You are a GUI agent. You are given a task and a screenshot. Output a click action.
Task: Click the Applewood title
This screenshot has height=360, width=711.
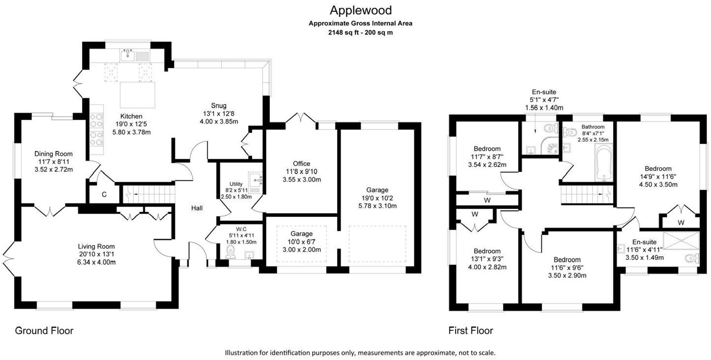360,10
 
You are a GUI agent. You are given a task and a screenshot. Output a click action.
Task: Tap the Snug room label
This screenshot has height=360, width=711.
218,106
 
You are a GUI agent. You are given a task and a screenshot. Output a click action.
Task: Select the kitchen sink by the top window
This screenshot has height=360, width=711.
128,56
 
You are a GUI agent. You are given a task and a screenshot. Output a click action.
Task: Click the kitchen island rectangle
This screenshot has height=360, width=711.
137,95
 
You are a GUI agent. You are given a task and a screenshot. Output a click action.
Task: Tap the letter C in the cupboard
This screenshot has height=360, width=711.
104,194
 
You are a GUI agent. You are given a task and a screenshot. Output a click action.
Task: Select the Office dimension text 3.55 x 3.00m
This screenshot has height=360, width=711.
301,180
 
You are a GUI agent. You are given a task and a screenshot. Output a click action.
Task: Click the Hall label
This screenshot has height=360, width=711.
197,208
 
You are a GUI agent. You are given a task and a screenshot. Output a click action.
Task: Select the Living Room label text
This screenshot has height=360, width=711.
96,246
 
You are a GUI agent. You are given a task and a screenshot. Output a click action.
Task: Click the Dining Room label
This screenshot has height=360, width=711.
53,154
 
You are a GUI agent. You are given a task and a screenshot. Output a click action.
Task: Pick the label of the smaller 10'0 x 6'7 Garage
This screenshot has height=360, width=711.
301,234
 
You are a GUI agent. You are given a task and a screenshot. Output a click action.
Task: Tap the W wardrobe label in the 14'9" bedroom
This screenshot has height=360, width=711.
681,223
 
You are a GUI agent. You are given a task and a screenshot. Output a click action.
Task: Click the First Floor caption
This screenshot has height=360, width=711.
471,331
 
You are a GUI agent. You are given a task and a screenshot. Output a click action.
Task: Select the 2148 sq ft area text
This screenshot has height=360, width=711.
360,32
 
